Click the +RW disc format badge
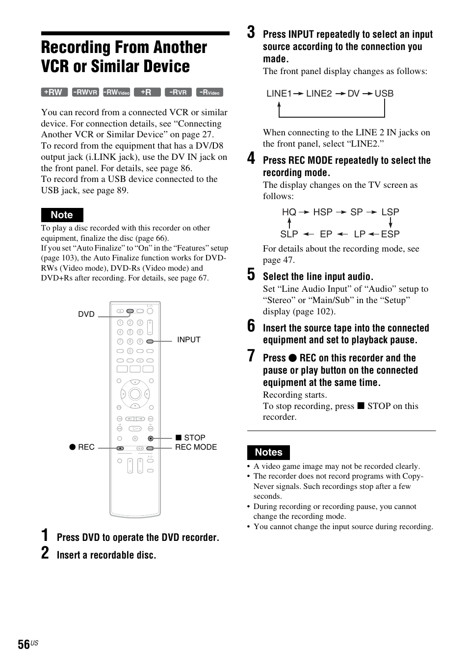(53, 92)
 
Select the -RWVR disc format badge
(85, 92)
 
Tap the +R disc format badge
(147, 92)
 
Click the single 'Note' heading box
(62, 215)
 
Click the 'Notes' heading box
(268, 452)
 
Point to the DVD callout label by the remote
(86, 314)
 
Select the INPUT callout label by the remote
(188, 340)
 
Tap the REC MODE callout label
(196, 447)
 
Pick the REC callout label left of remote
(82, 447)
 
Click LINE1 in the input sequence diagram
(279, 94)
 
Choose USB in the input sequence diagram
(384, 94)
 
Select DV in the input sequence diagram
(354, 94)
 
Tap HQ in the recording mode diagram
(289, 212)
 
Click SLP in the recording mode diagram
(289, 234)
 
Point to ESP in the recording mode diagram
(390, 234)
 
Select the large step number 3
(251, 32)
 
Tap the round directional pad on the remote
(135, 394)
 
